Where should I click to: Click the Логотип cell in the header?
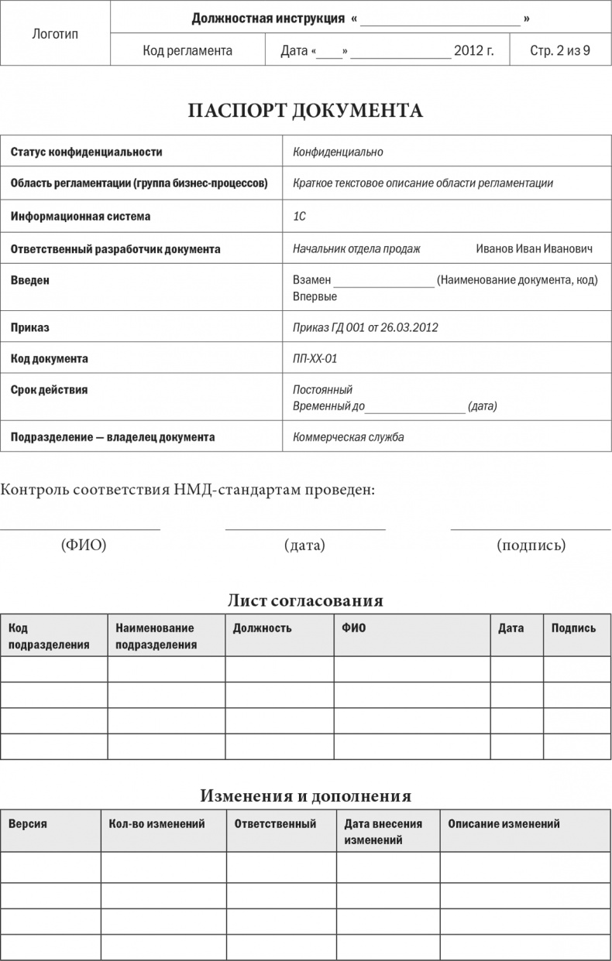tap(56, 34)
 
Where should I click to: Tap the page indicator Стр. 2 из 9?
tap(559, 52)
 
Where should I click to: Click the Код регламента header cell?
tap(187, 52)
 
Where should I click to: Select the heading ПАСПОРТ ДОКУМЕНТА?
tap(305, 111)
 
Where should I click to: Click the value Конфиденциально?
tap(338, 152)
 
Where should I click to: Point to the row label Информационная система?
tap(81, 217)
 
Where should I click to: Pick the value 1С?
tap(299, 217)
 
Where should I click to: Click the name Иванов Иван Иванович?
tap(534, 249)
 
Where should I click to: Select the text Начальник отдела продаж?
tap(356, 249)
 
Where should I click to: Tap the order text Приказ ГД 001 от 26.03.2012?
tap(366, 327)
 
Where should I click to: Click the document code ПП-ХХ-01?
tap(315, 359)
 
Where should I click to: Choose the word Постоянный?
tap(322, 390)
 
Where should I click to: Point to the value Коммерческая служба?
tap(349, 437)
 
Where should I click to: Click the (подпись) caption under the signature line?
tap(531, 545)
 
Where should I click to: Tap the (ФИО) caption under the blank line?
tap(84, 545)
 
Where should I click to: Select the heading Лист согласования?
tap(305, 600)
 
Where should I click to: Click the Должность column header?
tap(262, 628)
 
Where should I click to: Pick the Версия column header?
tap(28, 824)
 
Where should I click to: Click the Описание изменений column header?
tap(504, 824)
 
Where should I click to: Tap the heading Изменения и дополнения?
tap(305, 795)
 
